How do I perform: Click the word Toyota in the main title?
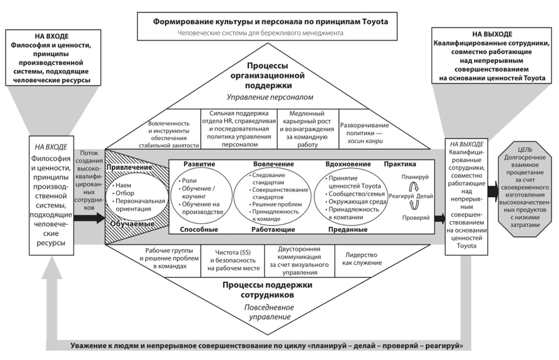tap(375, 22)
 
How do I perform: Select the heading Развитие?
tap(199, 164)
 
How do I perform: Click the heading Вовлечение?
tap(273, 164)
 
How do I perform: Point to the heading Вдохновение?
tap(348, 164)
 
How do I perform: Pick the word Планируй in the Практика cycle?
tap(415, 177)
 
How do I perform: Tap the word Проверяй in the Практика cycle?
tap(416, 217)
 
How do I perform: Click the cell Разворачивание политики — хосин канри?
tap(364, 133)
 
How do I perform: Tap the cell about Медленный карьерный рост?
tap(307, 129)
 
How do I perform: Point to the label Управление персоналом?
tap(270, 97)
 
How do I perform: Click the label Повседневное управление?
tap(269, 312)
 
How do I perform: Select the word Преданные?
tap(348, 230)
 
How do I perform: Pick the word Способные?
tap(199, 230)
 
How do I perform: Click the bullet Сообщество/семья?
tap(351, 194)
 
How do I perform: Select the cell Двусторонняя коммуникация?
tap(299, 261)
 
